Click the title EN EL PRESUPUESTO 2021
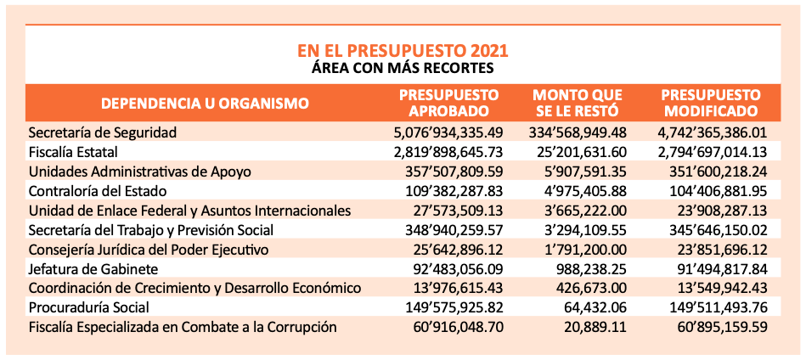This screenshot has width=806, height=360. tap(403, 51)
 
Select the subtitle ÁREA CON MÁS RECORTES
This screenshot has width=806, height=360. tap(403, 68)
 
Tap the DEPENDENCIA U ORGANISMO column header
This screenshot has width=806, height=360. tap(205, 104)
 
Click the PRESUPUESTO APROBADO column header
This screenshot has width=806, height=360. tap(449, 104)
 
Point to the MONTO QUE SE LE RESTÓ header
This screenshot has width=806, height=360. tap(578, 104)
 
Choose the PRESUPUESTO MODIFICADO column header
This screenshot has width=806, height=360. tap(711, 104)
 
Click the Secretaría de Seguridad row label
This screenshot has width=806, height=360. tap(103, 132)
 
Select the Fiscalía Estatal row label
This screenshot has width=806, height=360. tap(74, 152)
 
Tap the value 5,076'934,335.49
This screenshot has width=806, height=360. tap(448, 132)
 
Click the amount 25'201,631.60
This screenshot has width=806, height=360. tap(581, 152)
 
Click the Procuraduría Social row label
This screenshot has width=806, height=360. tap(89, 307)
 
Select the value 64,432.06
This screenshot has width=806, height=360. tap(594, 307)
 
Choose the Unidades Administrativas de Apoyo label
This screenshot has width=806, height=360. tap(140, 172)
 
